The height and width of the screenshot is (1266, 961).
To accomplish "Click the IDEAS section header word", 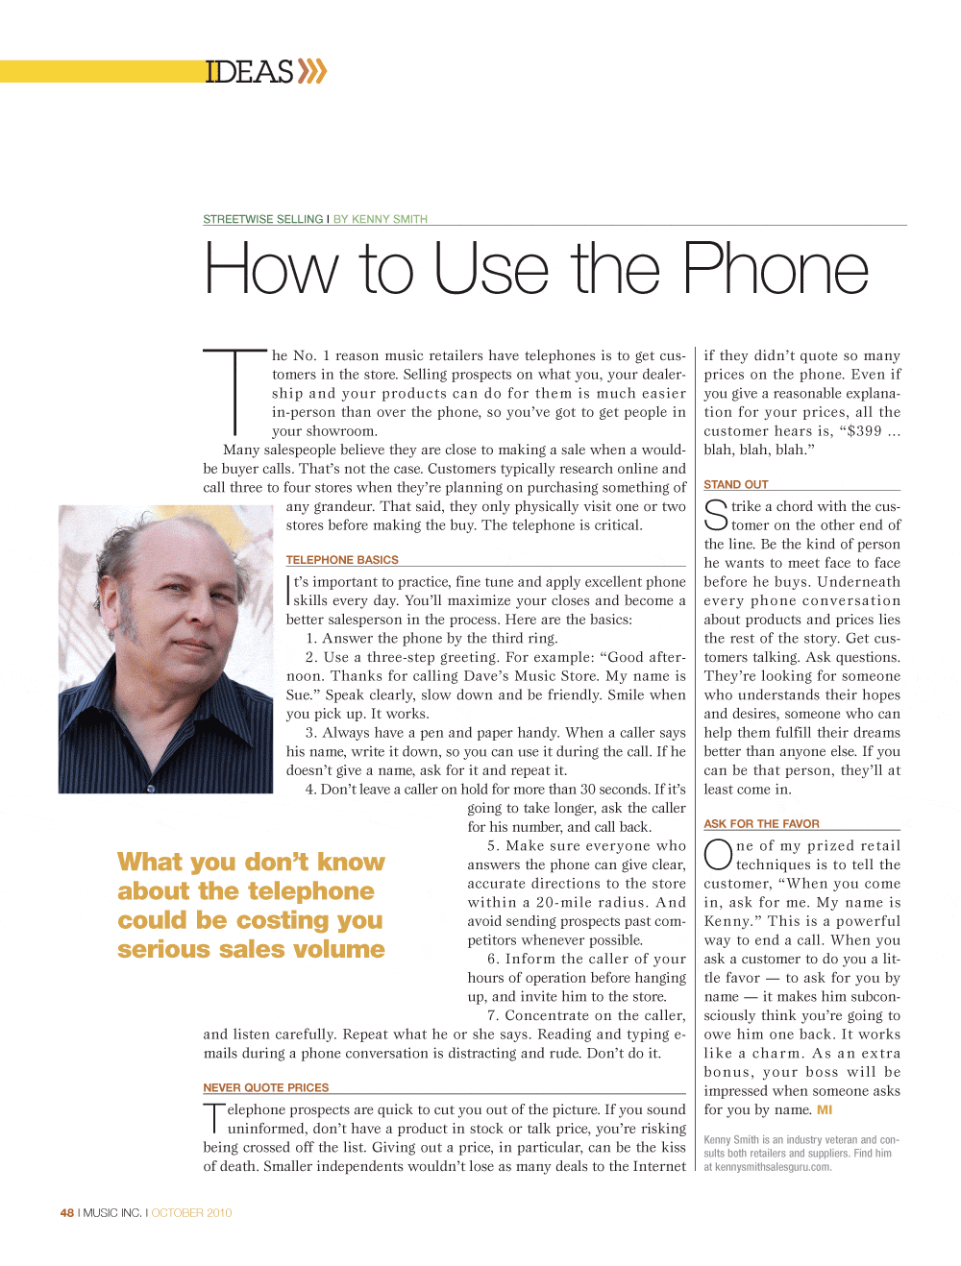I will click(249, 72).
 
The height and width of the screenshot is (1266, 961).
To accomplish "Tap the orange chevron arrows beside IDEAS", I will click(312, 71).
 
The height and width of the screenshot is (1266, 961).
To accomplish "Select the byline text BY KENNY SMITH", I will click(381, 219).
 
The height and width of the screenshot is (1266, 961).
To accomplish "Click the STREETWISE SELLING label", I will click(262, 219).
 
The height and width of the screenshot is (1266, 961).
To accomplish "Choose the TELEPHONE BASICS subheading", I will click(342, 560).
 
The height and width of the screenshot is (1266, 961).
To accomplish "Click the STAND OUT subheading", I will click(736, 485).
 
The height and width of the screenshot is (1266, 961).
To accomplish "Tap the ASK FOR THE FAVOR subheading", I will click(761, 824).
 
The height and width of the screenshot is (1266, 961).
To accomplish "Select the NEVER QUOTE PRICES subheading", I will click(266, 1088).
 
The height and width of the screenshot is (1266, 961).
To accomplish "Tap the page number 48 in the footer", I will click(66, 1213).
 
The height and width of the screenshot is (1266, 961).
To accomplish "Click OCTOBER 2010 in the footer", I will click(192, 1213).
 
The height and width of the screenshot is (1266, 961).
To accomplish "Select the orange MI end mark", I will click(825, 1110).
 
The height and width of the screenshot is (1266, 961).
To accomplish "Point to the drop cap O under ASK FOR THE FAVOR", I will click(718, 854).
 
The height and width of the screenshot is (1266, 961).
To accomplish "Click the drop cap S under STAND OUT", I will click(716, 515).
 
